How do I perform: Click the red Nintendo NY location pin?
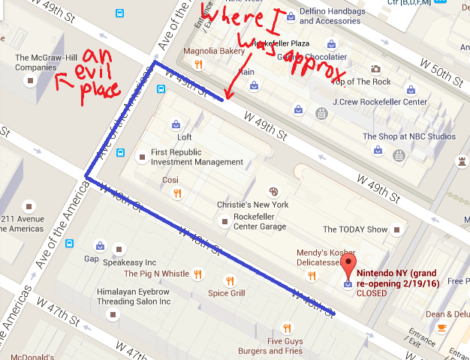click(x=348, y=266)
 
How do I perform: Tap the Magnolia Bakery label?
click(x=216, y=52)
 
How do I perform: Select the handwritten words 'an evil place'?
click(x=101, y=74)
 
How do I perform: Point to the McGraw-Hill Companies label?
click(x=47, y=61)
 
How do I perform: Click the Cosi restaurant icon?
click(x=177, y=193)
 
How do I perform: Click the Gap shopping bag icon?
click(x=100, y=245)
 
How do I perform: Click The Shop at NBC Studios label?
click(x=408, y=136)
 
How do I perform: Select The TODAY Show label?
click(x=355, y=229)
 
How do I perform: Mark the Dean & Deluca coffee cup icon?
click(x=442, y=327)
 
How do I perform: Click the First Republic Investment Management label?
click(x=197, y=157)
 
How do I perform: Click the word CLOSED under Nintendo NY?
click(x=372, y=293)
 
